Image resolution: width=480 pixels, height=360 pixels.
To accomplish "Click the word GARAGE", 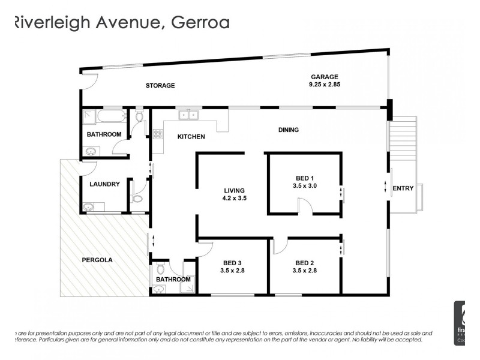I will click(325, 77).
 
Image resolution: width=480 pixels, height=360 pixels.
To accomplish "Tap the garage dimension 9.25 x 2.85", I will click(325, 85).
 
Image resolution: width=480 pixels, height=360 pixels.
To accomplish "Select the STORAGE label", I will click(160, 86).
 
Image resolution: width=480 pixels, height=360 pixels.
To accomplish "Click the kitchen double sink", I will click(188, 115).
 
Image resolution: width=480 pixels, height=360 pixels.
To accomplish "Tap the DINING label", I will click(289, 130).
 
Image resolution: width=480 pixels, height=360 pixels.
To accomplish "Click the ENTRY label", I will click(403, 188).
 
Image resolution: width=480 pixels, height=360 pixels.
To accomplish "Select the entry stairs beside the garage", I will click(403, 137).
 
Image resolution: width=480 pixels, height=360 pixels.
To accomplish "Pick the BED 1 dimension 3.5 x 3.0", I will click(305, 186).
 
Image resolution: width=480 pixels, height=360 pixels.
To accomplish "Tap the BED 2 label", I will click(305, 263).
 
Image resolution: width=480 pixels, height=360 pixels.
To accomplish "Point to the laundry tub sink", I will click(89, 208).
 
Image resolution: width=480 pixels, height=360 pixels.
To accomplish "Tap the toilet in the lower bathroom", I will click(160, 268).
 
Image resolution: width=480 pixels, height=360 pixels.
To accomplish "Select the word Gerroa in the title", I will click(200, 23).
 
